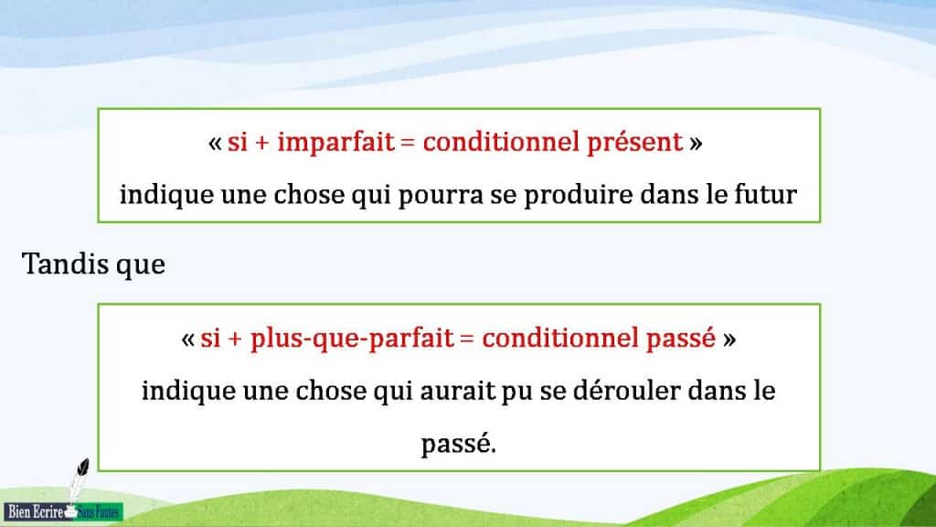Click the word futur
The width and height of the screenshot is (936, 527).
click(x=766, y=195)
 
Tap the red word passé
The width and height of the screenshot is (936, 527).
click(x=682, y=339)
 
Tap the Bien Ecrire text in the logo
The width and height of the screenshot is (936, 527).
click(x=34, y=511)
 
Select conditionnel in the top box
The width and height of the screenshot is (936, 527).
click(x=500, y=143)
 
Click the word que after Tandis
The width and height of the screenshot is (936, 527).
click(x=141, y=265)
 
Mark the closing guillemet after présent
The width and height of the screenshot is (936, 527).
click(x=697, y=144)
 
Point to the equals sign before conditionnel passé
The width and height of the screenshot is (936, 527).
click(x=467, y=339)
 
